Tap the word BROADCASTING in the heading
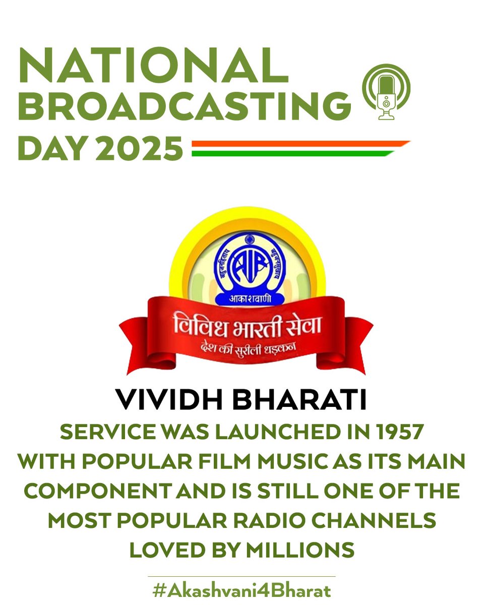(185, 105)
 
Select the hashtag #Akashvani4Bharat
(241, 590)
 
